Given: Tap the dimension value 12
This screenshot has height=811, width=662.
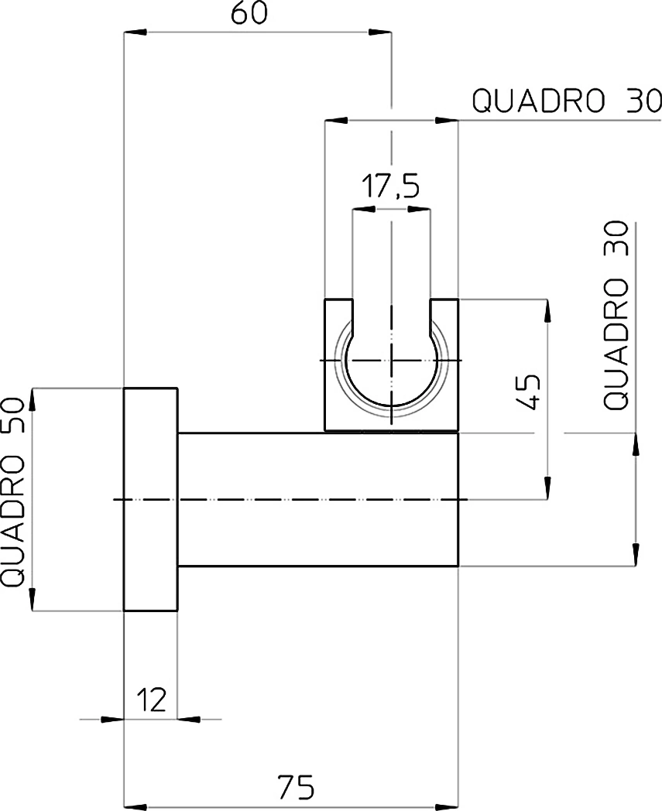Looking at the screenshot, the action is click(x=151, y=700).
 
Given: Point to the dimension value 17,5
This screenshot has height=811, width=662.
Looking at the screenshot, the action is click(x=390, y=186).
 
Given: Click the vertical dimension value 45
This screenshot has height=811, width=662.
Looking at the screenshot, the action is click(x=530, y=392).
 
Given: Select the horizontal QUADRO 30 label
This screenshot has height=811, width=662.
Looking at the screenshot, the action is click(x=567, y=101).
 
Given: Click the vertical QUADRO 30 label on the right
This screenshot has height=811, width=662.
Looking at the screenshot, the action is click(x=616, y=315).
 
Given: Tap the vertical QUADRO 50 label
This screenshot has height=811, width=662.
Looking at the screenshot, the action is click(x=13, y=492).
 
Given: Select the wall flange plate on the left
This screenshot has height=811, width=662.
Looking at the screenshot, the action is click(x=151, y=499).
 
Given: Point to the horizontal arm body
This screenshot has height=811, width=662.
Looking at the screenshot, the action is click(x=317, y=500).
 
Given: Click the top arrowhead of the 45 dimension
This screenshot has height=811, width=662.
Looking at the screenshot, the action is click(x=547, y=311).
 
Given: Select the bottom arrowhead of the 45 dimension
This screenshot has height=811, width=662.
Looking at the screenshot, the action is click(x=547, y=488).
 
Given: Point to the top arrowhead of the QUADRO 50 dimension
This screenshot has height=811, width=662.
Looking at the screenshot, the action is click(x=33, y=400).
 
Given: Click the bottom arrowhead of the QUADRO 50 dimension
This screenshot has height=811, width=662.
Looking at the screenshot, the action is click(x=33, y=599).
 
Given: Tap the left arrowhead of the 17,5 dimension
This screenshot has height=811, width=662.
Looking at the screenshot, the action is click(x=364, y=210).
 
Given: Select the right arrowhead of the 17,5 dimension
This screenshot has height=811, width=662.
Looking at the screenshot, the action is click(x=418, y=210).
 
